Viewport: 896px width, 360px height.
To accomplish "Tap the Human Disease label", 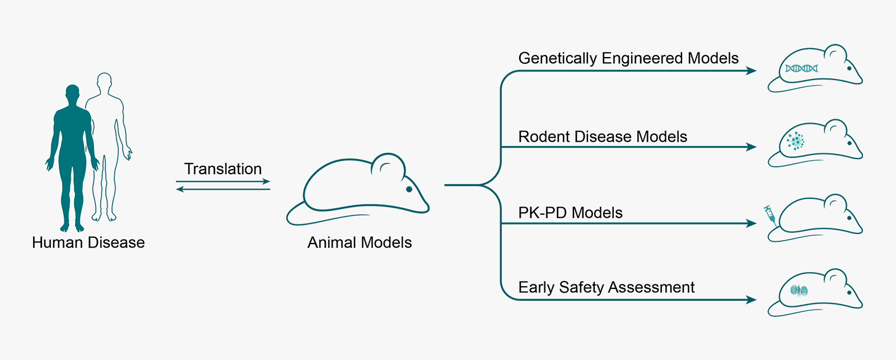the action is coord(88,242).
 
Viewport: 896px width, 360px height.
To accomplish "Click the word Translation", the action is coord(223,169).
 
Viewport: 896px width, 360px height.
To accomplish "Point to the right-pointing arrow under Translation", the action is coord(223,181).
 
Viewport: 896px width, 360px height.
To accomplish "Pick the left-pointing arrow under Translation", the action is coord(223,189).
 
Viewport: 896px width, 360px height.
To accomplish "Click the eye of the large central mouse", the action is coord(409,189).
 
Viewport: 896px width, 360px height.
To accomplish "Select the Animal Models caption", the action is coord(360,242).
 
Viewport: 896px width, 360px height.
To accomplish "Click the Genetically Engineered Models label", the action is coord(628,58).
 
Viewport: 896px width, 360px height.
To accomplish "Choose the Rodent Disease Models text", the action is coord(603,137).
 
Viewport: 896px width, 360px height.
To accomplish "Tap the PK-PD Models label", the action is coord(571,213).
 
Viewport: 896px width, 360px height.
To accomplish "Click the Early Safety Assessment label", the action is coord(606,288).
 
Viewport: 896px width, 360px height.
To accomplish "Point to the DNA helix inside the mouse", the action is coord(801,68).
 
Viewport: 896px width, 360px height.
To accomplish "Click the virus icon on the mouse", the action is coord(796,141).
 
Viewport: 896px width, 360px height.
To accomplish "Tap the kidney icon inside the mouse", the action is coord(799,291).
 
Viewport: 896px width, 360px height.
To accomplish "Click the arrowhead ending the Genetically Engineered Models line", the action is coord(751,71).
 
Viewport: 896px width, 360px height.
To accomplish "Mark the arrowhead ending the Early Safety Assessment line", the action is coord(751,300).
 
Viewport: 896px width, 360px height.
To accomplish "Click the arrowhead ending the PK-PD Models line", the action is coord(751,223).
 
